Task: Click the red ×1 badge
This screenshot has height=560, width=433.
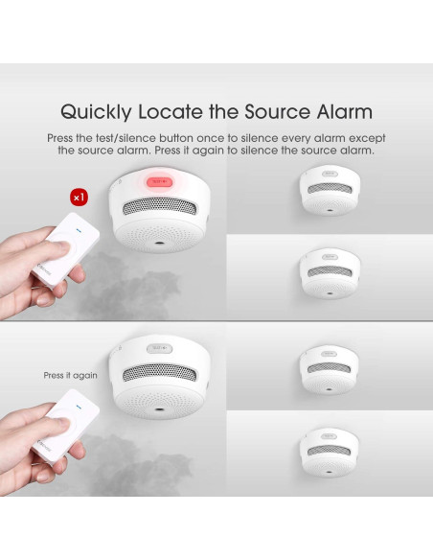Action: (79, 198)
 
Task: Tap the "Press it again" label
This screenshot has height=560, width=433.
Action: (70, 375)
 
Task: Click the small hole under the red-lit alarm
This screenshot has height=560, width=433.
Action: (159, 243)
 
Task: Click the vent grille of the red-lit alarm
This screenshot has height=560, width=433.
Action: (159, 207)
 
